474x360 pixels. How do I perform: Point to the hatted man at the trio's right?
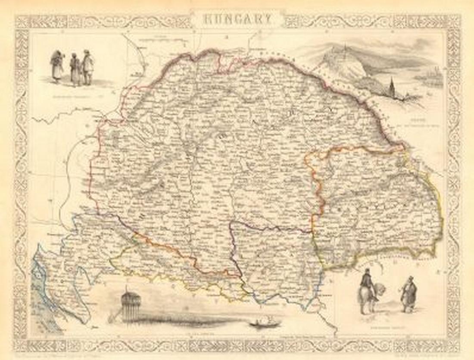click(x=87, y=67)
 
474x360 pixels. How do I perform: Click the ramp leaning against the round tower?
click(x=114, y=315)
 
